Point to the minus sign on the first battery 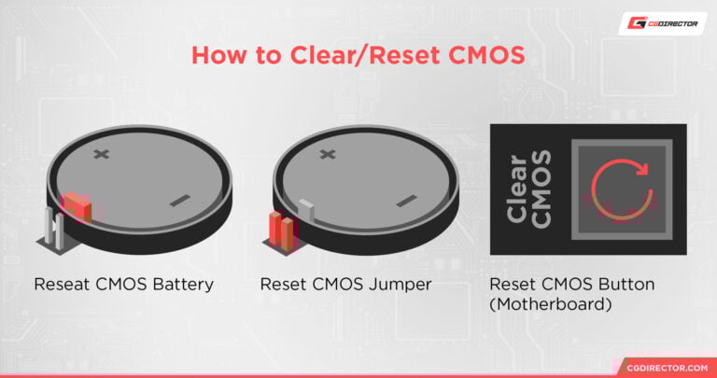pyautogui.click(x=180, y=200)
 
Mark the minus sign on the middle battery pyautogui.click(x=405, y=200)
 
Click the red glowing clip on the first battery pyautogui.click(x=76, y=206)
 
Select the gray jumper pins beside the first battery pyautogui.click(x=52, y=230)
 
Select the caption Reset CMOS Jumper pyautogui.click(x=345, y=284)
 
